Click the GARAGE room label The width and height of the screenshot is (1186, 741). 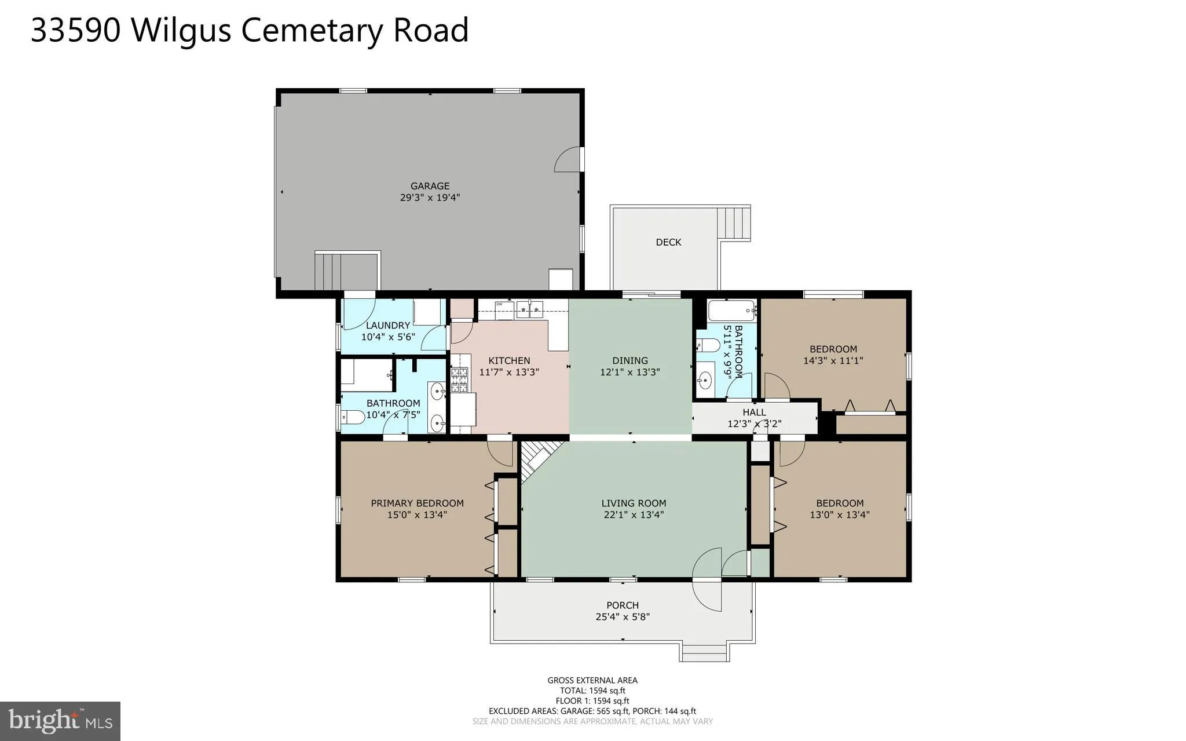(x=430, y=186)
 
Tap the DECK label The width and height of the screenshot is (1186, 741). (x=668, y=242)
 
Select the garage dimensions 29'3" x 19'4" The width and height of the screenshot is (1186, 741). (x=430, y=198)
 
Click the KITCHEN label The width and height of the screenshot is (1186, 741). (x=509, y=360)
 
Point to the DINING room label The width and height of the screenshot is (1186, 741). (x=630, y=360)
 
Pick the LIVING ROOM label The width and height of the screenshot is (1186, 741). (x=634, y=503)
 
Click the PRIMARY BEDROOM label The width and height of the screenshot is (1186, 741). (x=417, y=503)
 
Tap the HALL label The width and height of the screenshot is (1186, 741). (x=754, y=412)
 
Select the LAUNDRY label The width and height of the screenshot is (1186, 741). (x=387, y=325)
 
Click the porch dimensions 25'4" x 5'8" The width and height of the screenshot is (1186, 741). (x=623, y=617)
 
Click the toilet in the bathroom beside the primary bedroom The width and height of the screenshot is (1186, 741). (x=353, y=417)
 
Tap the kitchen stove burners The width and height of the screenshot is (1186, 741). (x=459, y=379)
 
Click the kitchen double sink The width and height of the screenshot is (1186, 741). (x=530, y=310)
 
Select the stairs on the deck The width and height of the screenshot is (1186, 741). (x=734, y=223)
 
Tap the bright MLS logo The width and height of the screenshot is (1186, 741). (x=60, y=721)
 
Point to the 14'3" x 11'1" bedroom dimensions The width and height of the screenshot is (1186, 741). (x=833, y=360)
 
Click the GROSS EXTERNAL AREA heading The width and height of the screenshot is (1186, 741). (x=592, y=680)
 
